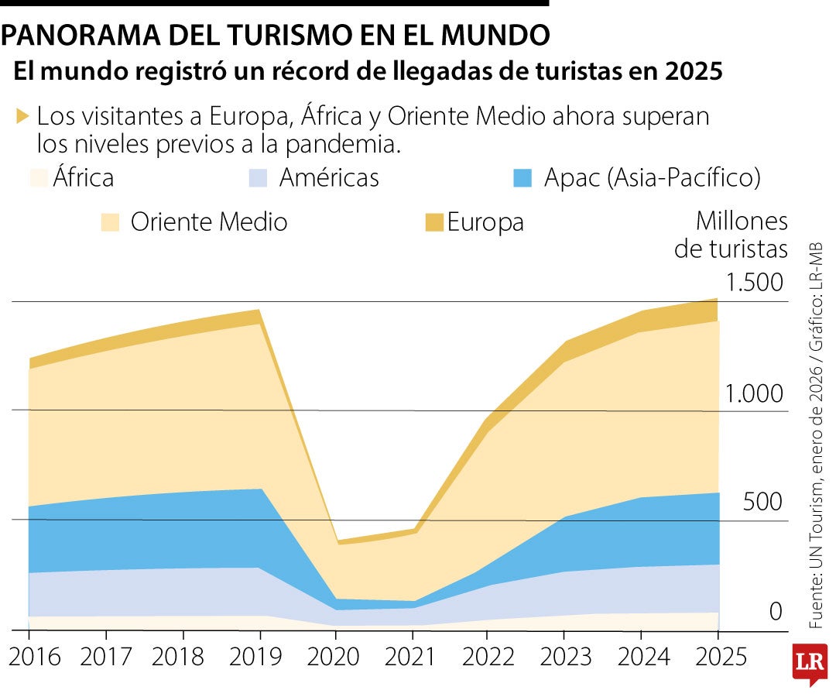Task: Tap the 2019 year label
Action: coord(259,657)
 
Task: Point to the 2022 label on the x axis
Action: coord(488,657)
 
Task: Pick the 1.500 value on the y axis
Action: coord(755,283)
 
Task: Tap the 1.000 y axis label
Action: coord(755,394)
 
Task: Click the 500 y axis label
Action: coord(763,502)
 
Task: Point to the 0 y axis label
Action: coord(776,613)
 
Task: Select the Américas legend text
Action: coord(329,177)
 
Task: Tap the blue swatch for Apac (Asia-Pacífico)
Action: coord(522,177)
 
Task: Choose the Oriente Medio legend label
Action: coord(209,222)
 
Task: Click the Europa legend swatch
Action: coord(434,223)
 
